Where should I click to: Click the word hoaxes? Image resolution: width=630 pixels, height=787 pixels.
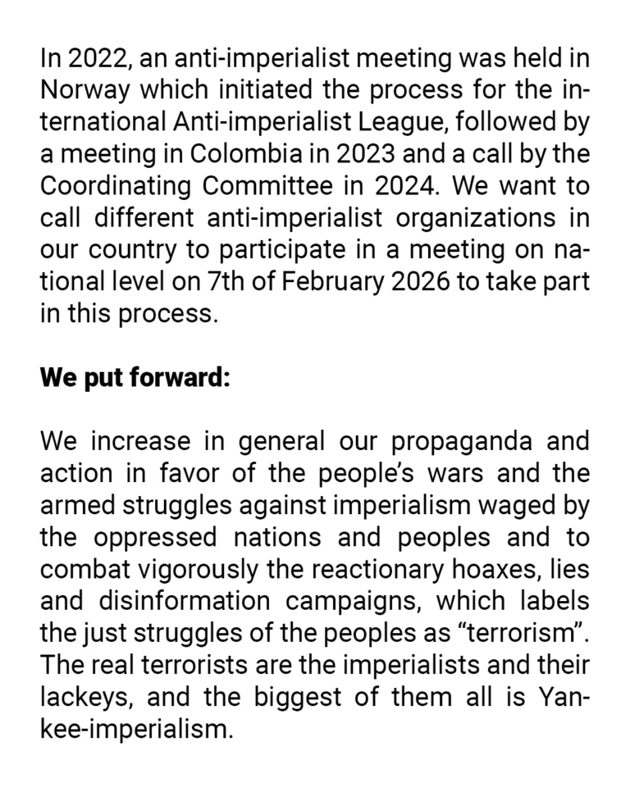tap(500, 568)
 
